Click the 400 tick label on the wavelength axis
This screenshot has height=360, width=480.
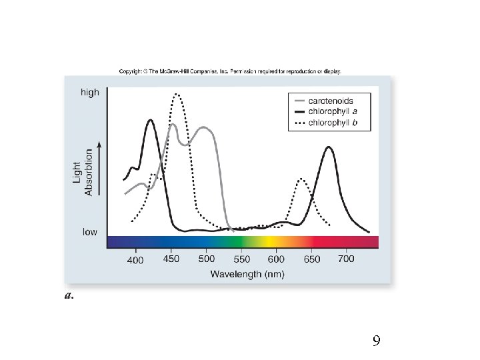point(135,260)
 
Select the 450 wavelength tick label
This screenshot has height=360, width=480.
point(171,259)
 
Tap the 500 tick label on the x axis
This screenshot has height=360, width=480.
point(206,259)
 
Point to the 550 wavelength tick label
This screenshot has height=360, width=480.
point(241,259)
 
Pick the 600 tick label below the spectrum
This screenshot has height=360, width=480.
point(276,259)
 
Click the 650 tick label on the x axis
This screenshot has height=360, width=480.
point(312,259)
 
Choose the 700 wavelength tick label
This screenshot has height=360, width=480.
point(346,259)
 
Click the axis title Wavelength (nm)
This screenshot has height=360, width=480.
point(247,274)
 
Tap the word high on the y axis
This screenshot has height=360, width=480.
point(90,92)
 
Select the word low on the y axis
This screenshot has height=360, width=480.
point(90,232)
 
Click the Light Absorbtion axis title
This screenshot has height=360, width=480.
point(83,173)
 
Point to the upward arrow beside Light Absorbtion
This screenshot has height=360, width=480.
point(99,169)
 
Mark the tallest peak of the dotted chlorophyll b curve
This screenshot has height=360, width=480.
point(177,94)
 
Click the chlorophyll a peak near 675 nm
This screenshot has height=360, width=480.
point(329,147)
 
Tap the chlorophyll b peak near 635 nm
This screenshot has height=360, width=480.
point(301,179)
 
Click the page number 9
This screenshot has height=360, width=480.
point(377,341)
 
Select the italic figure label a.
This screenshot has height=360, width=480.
point(69,295)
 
